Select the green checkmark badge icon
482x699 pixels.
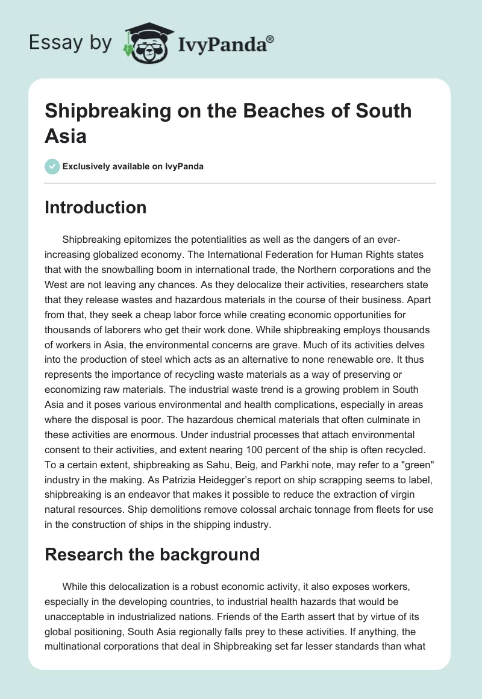click(52, 166)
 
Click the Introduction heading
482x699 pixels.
click(96, 208)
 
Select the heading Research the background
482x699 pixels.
click(152, 554)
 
